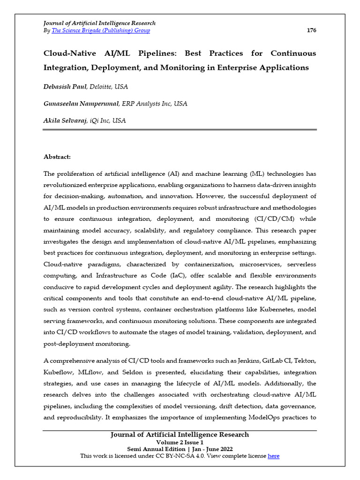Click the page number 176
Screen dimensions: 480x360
pos(311,30)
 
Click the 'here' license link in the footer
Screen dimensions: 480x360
pos(273,456)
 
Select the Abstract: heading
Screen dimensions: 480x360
pos(57,157)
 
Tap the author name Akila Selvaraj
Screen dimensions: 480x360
pos(65,120)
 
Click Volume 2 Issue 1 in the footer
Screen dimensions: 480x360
pos(180,442)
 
